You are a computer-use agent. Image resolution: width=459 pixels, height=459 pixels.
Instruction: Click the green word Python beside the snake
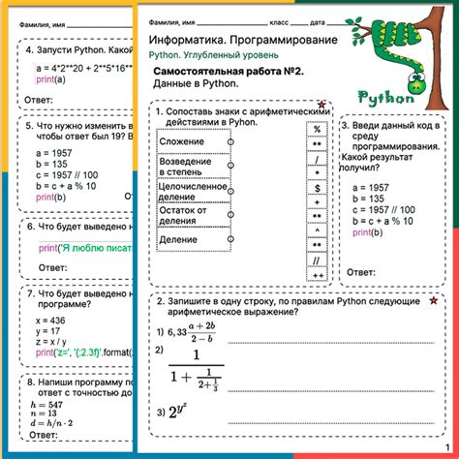tap(388, 97)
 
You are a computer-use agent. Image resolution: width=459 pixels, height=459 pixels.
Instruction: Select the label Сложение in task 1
tap(181, 142)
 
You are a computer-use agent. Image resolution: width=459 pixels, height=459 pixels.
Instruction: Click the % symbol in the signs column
tap(317, 127)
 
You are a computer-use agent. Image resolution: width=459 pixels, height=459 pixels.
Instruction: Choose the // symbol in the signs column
tap(317, 260)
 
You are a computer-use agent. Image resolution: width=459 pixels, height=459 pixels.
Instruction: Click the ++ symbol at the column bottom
tap(317, 276)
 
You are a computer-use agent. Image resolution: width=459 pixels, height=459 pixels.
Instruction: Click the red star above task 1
tap(321, 104)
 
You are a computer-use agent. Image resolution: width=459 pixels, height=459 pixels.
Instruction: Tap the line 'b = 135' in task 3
tap(371, 198)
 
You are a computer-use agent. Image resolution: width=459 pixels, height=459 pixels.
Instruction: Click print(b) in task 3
tap(365, 232)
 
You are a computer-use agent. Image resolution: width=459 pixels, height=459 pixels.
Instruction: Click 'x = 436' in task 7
tap(49, 319)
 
